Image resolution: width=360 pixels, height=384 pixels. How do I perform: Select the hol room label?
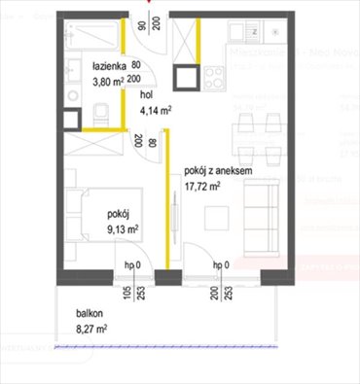(x=147, y=96)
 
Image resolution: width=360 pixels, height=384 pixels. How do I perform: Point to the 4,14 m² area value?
(x=155, y=112)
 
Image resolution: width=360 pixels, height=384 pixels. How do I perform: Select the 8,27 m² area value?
(x=90, y=331)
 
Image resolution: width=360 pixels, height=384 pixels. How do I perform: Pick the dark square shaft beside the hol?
(x=184, y=78)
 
